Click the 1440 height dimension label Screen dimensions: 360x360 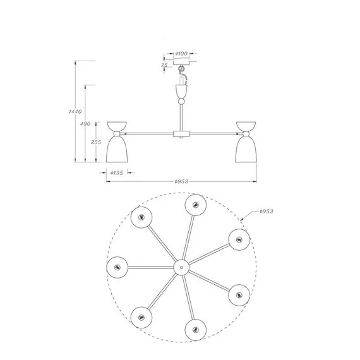coord(75,112)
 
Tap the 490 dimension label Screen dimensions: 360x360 coord(85,124)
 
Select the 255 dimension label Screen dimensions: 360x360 coord(96,142)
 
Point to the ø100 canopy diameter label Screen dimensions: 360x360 coord(181,54)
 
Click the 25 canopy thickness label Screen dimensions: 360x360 coord(164,65)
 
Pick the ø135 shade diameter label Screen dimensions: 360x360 coord(117,173)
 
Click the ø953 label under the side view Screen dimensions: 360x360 coord(181,182)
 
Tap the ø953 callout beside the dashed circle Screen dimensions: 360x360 coord(267,211)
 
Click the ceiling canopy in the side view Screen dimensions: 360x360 coord(181,62)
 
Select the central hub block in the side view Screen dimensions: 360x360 coord(181,134)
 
